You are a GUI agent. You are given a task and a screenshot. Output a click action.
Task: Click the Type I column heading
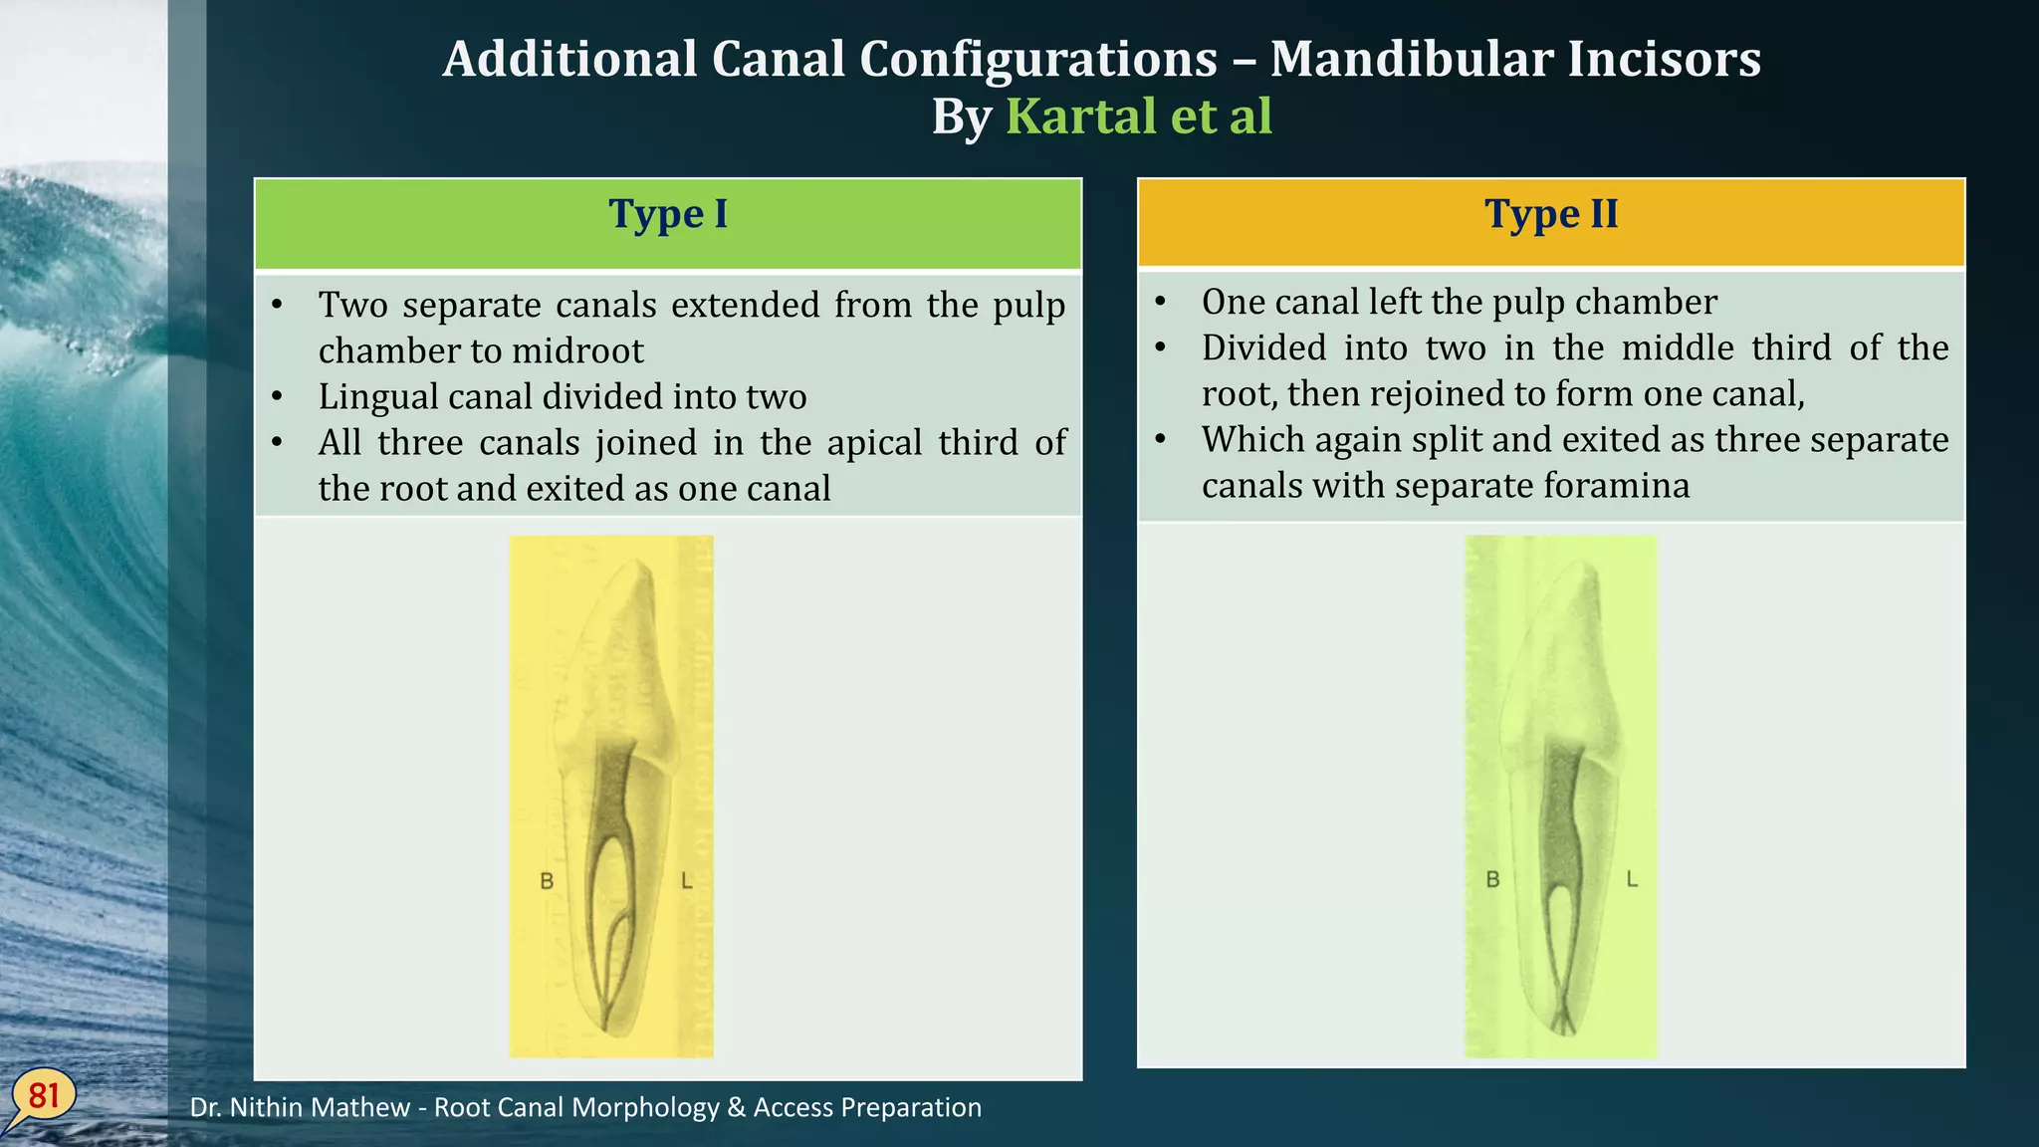click(668, 215)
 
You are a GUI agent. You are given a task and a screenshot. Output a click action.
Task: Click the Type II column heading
click(1551, 215)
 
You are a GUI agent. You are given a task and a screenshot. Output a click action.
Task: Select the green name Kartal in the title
click(1082, 116)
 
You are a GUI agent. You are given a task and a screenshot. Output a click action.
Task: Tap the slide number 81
click(44, 1096)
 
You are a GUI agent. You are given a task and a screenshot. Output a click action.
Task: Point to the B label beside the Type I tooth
click(547, 881)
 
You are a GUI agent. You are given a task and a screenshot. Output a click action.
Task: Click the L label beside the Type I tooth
click(687, 881)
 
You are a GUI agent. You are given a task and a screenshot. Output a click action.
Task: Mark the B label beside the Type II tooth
click(1492, 879)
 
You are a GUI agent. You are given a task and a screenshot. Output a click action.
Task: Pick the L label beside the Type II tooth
click(1632, 879)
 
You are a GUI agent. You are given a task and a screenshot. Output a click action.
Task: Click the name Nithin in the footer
click(272, 1107)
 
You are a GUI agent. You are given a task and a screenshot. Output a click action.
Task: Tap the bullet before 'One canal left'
click(1160, 303)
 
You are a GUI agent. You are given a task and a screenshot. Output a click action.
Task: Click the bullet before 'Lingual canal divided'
click(277, 397)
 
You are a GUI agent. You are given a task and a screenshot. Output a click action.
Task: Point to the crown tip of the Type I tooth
click(638, 564)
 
